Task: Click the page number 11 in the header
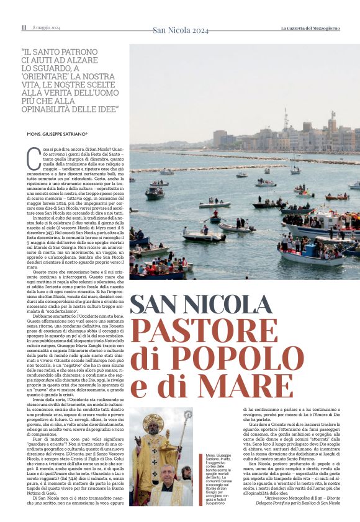click(x=24, y=27)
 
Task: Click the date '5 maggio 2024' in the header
click(x=47, y=27)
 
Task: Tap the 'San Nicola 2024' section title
click(x=181, y=29)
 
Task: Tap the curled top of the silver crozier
click(x=188, y=416)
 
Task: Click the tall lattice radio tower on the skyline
click(x=286, y=120)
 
